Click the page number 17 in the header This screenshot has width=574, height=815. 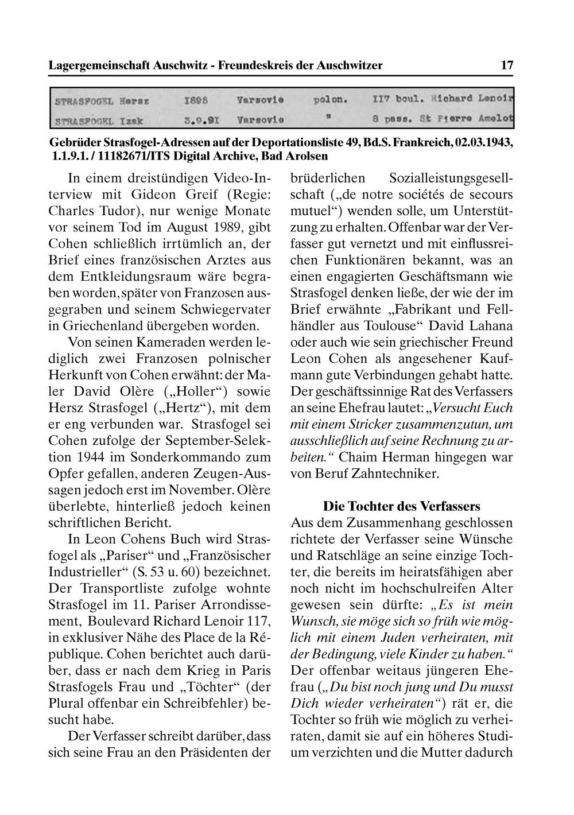(507, 65)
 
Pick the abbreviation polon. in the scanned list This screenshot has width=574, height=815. (330, 99)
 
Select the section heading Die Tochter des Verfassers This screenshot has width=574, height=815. (401, 507)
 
